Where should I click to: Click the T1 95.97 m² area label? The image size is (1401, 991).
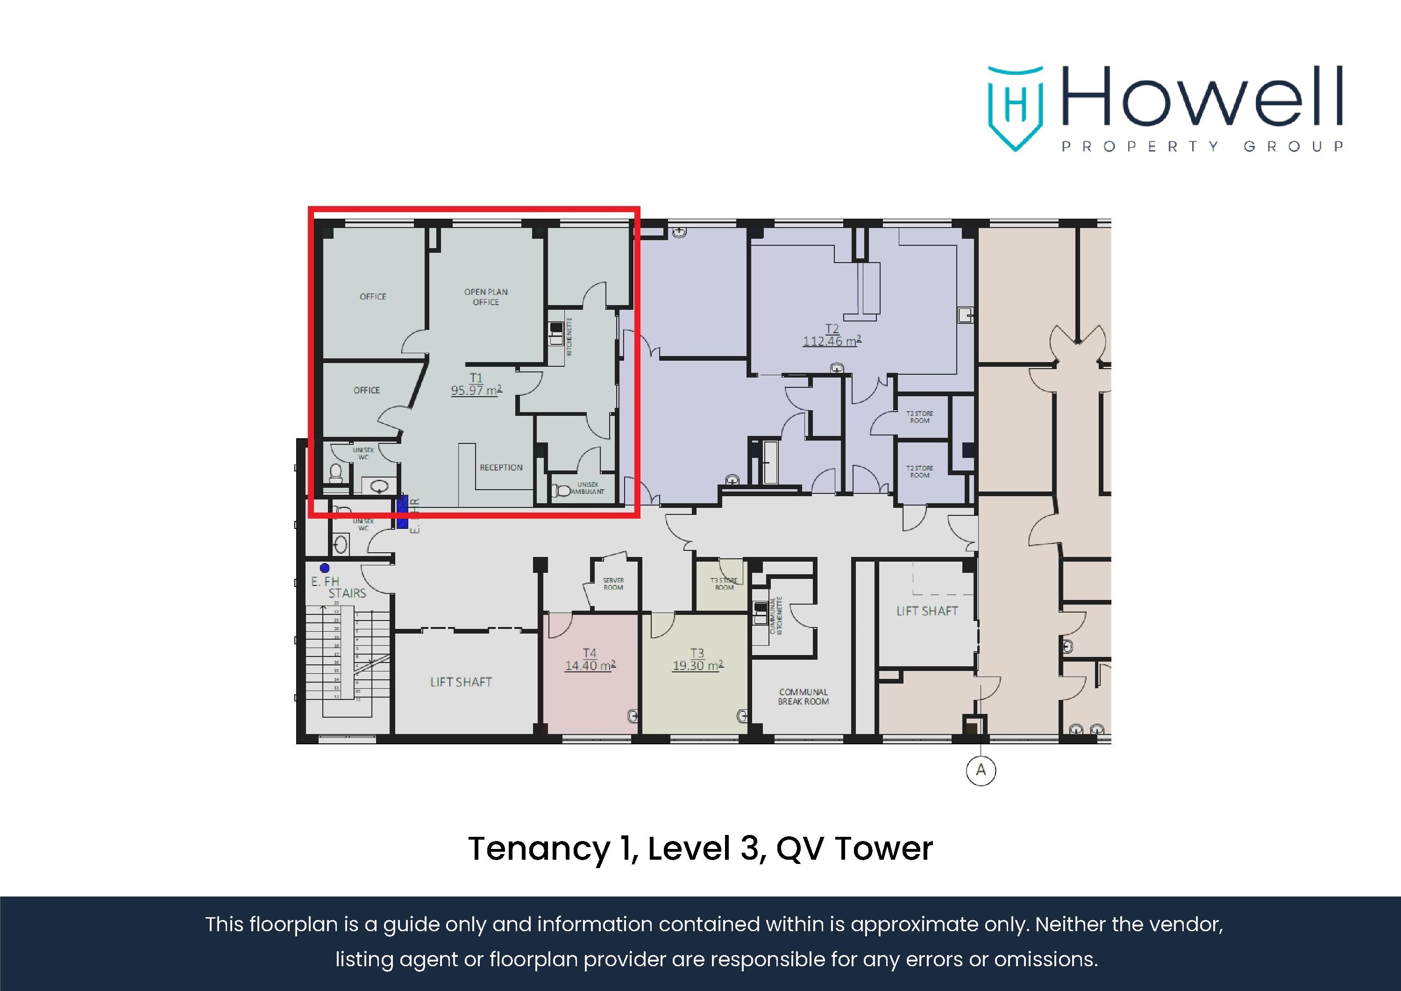[x=476, y=385]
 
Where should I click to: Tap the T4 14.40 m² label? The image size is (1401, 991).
[x=590, y=660]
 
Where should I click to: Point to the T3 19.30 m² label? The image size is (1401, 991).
[x=697, y=660]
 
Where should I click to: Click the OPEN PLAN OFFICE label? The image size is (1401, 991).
[x=486, y=297]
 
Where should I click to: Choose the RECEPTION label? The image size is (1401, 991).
[x=501, y=467]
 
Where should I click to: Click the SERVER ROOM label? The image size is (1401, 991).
[x=613, y=584]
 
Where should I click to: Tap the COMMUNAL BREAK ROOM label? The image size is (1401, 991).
[x=803, y=697]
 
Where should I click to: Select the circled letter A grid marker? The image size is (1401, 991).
[x=981, y=770]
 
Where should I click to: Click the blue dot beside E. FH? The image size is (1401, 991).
[x=325, y=568]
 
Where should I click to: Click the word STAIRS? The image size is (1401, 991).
[x=347, y=593]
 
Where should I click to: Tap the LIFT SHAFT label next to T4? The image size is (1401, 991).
[x=461, y=682]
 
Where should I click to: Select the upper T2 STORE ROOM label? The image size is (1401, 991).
[x=919, y=417]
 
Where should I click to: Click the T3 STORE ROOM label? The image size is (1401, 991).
[x=724, y=584]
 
